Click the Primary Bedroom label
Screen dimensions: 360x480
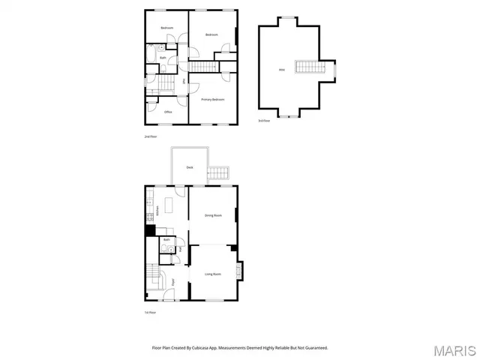(212, 100)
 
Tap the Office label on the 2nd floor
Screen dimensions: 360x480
(168, 112)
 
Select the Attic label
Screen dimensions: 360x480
(281, 70)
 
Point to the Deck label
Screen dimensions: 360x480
(190, 166)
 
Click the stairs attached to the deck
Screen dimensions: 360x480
(218, 173)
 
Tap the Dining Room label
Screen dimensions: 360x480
(213, 215)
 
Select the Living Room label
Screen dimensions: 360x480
(213, 274)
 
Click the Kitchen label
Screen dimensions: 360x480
(157, 210)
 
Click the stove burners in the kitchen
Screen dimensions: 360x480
(150, 218)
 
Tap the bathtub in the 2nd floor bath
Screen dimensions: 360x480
(150, 56)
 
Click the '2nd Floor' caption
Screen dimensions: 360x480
(151, 136)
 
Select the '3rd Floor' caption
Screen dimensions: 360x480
(264, 120)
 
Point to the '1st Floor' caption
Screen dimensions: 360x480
(151, 312)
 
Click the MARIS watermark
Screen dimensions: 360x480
(454, 350)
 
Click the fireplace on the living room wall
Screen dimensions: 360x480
(239, 271)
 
